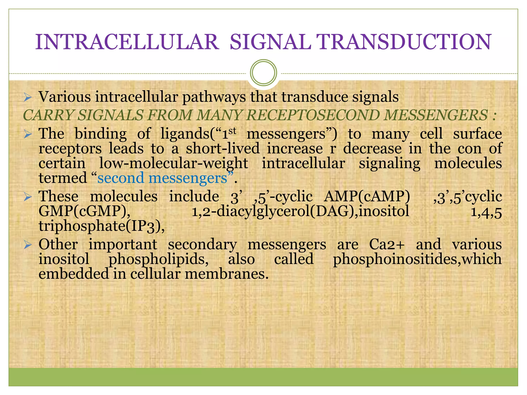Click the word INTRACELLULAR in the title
[127, 42]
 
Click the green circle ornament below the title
[263, 73]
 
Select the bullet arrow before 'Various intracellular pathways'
[27, 97]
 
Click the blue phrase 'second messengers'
[162, 178]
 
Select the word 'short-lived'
[223, 149]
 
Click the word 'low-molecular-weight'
[174, 163]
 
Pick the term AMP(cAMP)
[367, 197]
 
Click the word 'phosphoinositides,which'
[417, 259]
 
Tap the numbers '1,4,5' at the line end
[486, 212]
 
